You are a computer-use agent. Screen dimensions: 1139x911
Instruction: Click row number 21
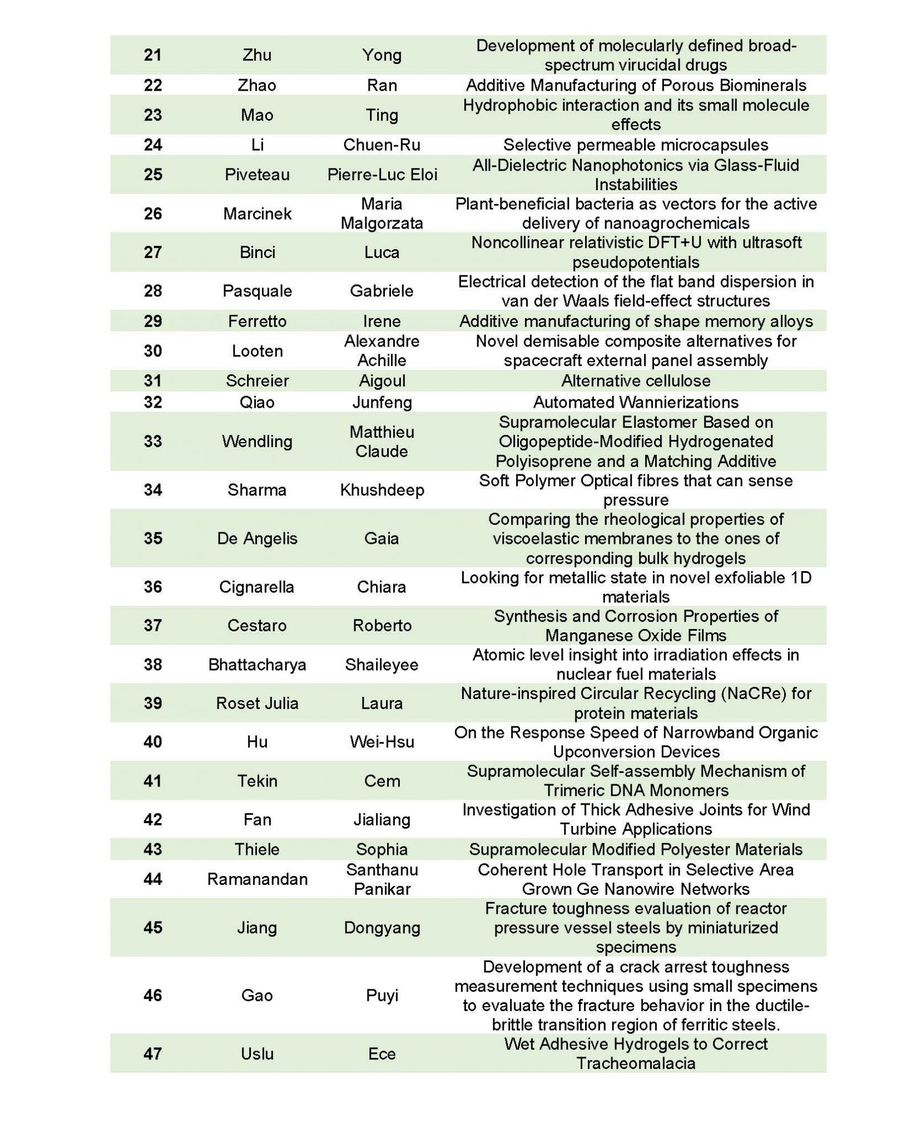coord(152,55)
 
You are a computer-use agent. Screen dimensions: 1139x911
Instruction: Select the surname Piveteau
coord(257,175)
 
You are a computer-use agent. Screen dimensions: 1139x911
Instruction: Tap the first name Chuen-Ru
coord(382,145)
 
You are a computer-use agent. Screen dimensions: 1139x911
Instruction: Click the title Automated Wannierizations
coord(636,402)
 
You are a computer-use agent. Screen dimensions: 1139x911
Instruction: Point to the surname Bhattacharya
coord(257,665)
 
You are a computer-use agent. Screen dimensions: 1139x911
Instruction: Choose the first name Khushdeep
coord(382,490)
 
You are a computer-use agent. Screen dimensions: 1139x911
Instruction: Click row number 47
coord(152,1054)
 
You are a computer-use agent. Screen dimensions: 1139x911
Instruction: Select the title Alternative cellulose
coord(636,381)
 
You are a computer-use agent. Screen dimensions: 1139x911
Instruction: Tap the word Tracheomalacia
coord(636,1063)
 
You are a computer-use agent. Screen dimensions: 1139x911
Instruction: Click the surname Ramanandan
coord(257,879)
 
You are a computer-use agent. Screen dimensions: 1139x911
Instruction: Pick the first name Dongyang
coord(382,928)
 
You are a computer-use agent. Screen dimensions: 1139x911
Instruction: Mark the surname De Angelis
coord(257,538)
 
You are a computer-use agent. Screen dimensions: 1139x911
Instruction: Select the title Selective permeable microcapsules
coord(636,145)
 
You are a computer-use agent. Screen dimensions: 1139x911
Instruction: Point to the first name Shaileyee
coord(382,665)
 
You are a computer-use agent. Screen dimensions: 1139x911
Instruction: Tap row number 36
coord(152,587)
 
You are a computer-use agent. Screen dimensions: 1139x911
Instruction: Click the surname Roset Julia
coord(257,704)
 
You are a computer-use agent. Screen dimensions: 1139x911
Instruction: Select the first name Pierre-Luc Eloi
coord(382,175)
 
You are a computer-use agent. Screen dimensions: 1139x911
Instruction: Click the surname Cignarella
coord(257,587)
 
